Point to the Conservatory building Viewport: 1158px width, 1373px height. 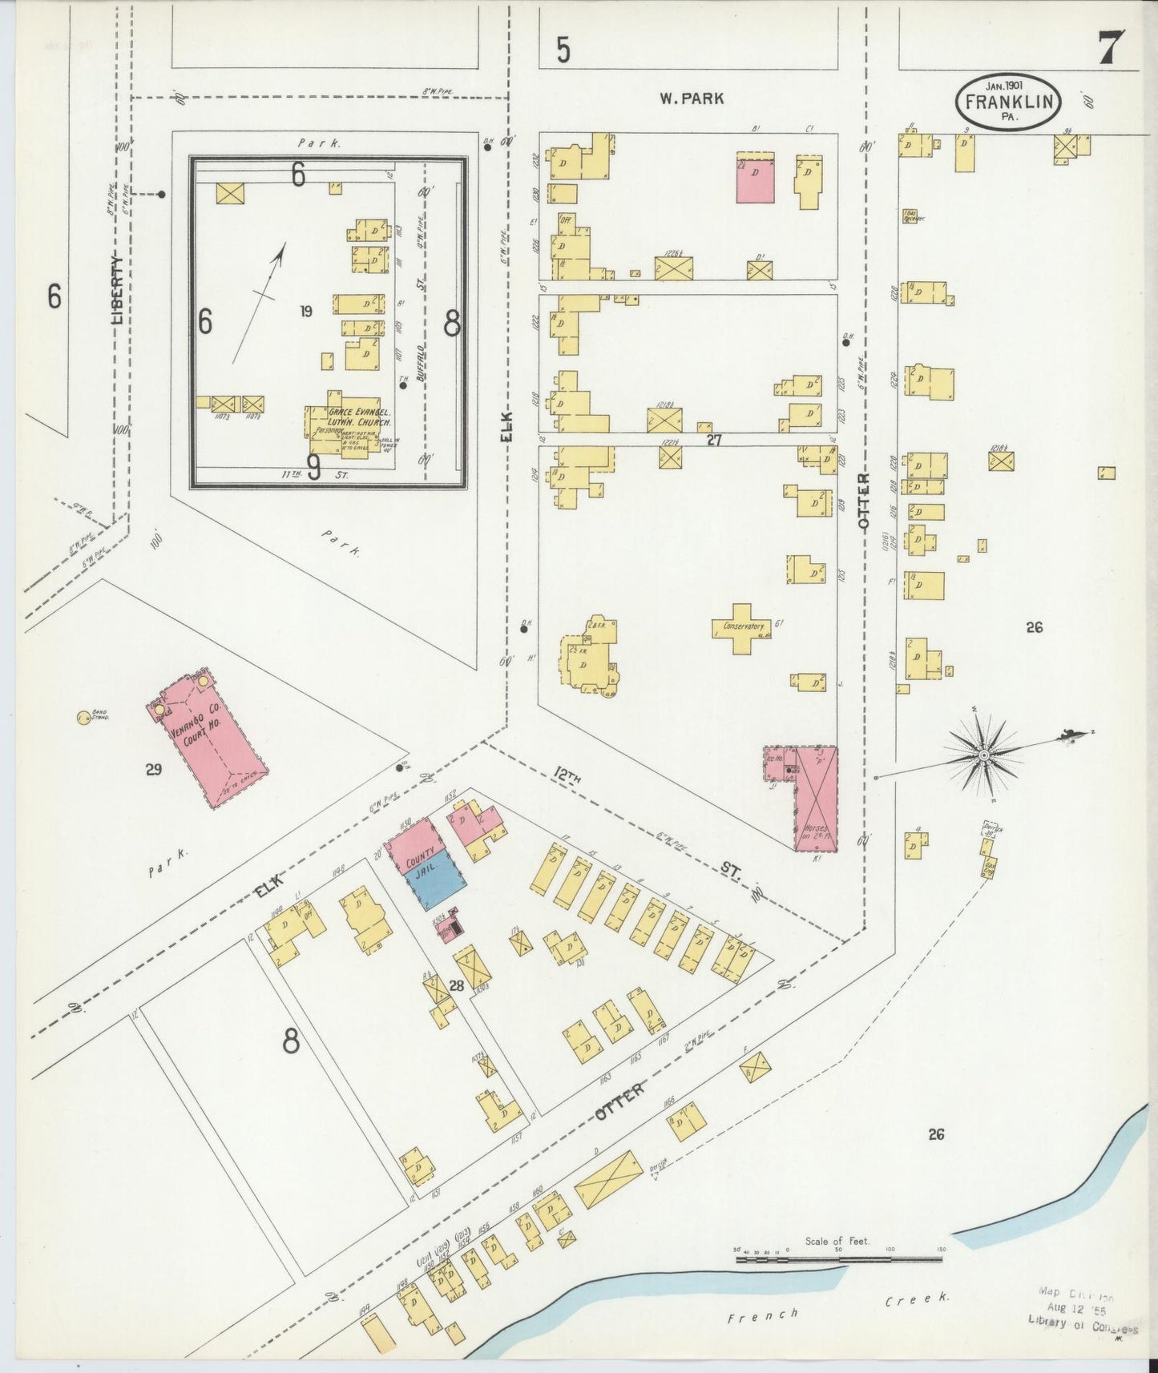point(741,626)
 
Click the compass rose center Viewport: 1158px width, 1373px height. point(984,755)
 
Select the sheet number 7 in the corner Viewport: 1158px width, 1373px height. point(1110,47)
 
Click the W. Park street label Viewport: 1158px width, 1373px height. point(691,99)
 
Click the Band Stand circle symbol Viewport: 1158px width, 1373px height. point(83,717)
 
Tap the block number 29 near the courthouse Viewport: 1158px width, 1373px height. point(154,770)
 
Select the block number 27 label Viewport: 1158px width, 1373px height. point(715,439)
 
